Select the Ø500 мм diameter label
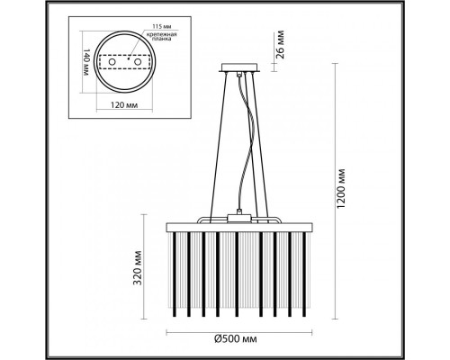pos(236,339)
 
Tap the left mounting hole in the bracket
pos(112,62)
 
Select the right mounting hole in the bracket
pos(139,62)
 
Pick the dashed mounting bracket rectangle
pos(125,62)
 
